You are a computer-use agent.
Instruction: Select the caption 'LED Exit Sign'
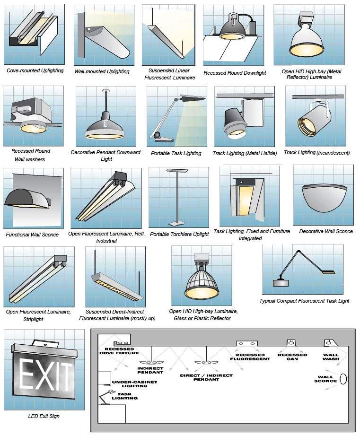(44, 416)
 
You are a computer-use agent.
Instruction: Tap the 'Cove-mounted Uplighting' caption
(35, 70)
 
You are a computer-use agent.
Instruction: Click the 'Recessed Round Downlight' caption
(235, 73)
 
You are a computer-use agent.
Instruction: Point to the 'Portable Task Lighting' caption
(176, 153)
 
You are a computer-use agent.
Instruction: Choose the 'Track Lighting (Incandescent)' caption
(316, 153)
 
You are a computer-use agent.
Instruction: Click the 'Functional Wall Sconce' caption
(32, 235)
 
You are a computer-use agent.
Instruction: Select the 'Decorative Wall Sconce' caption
(326, 231)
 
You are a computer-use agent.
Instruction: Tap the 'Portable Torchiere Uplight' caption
(179, 234)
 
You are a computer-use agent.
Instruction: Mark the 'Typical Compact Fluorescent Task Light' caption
(304, 301)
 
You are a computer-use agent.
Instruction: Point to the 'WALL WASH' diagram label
(331, 357)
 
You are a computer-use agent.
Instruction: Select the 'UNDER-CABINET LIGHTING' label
(128, 384)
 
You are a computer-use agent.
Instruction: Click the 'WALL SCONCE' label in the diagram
(325, 379)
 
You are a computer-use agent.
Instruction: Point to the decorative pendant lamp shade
(105, 127)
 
